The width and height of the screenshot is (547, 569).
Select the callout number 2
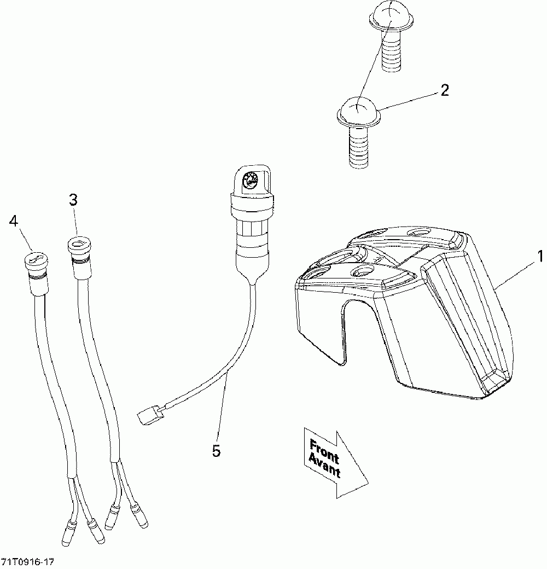444,90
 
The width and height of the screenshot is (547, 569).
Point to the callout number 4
13,221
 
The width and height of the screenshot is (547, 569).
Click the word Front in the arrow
324,450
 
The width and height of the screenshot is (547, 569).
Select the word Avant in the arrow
324,465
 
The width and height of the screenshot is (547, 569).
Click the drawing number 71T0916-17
28,562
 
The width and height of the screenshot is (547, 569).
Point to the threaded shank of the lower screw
358,145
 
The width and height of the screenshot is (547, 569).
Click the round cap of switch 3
78,243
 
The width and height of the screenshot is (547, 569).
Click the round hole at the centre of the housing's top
363,271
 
